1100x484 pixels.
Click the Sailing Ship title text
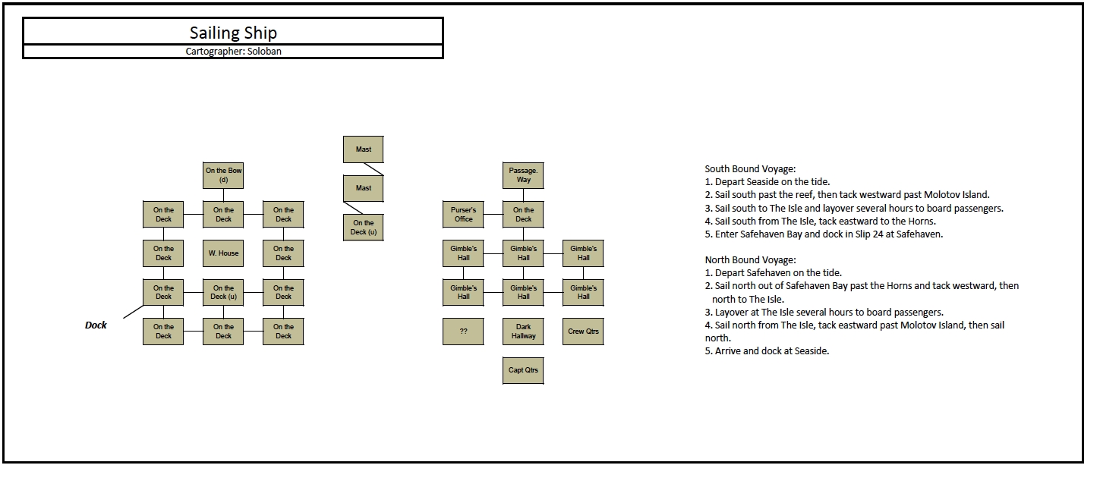point(233,33)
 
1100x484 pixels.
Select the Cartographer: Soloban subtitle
point(233,51)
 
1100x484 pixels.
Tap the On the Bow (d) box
point(223,175)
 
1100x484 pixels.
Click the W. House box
point(223,253)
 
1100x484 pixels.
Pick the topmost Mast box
point(364,149)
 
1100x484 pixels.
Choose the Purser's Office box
point(463,215)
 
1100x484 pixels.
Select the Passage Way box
point(523,175)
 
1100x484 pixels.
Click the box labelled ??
point(463,332)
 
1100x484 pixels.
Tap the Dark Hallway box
point(523,332)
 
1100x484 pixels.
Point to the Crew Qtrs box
point(583,332)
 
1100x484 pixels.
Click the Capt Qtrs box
point(523,370)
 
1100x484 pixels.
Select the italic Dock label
point(96,325)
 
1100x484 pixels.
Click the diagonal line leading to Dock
point(133,312)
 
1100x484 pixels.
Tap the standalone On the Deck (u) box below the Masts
point(364,228)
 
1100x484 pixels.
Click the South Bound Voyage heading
point(750,169)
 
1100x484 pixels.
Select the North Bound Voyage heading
point(750,259)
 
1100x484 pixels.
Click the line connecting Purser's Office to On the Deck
point(493,215)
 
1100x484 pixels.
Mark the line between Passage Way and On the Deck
point(523,195)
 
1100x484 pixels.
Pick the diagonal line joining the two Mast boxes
point(373,169)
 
